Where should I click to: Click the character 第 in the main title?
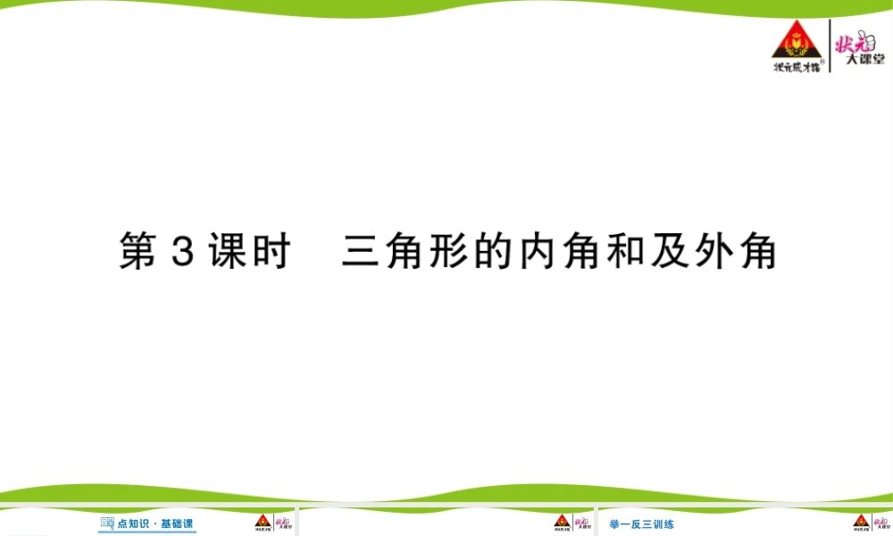click(x=138, y=254)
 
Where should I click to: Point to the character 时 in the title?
click(x=270, y=254)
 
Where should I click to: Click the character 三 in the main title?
click(x=361, y=254)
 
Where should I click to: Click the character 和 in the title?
click(x=623, y=254)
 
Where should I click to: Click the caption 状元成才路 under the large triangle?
click(x=796, y=65)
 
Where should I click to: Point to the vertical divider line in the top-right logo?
click(x=830, y=49)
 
